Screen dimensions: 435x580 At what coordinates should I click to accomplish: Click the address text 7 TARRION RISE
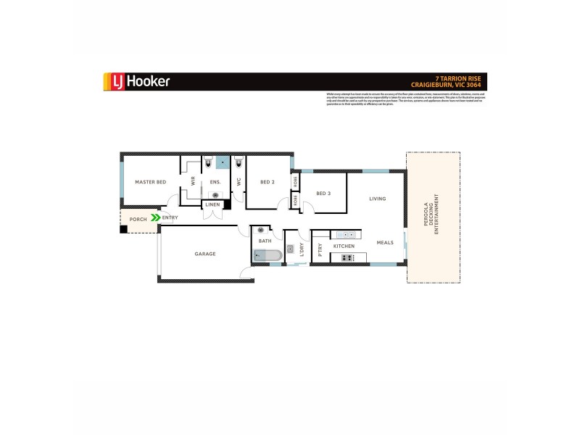click(463, 78)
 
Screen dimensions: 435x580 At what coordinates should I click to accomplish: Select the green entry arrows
click(155, 217)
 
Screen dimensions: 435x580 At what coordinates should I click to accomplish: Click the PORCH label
click(138, 219)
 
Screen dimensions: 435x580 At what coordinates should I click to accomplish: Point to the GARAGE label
click(205, 254)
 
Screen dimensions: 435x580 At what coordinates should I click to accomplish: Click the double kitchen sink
click(345, 235)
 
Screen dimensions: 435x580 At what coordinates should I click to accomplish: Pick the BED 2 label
click(268, 182)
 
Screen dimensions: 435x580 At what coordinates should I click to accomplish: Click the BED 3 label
click(323, 193)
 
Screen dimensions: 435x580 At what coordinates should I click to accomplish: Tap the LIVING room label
click(377, 198)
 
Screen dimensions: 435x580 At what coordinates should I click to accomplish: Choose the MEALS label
click(385, 242)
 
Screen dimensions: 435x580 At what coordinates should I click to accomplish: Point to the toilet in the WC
click(239, 163)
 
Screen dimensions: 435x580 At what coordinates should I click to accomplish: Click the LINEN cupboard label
click(212, 204)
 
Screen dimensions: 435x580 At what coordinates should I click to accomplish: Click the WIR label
click(194, 182)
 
